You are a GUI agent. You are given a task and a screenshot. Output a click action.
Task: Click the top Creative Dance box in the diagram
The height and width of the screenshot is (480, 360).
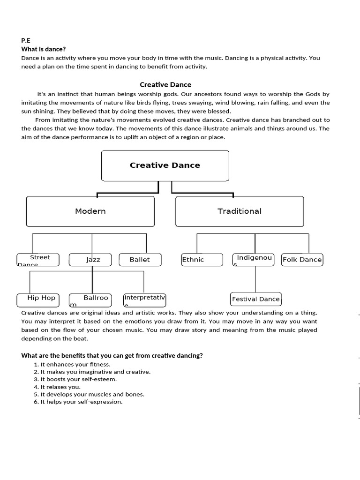click(x=165, y=165)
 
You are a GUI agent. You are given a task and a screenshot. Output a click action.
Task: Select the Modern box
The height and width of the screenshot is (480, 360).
click(x=90, y=211)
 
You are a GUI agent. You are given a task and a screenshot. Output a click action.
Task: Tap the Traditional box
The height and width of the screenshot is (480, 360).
click(x=240, y=211)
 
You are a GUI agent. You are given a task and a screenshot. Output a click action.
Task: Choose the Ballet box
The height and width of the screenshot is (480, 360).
click(x=140, y=260)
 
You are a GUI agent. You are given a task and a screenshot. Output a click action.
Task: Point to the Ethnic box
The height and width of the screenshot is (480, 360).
click(x=202, y=260)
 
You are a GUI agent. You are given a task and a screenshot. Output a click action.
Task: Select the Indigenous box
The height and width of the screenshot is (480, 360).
click(x=254, y=260)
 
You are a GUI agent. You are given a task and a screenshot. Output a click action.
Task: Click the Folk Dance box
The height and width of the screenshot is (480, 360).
click(x=302, y=260)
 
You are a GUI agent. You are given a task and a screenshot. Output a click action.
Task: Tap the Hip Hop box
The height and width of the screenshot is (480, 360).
click(x=41, y=300)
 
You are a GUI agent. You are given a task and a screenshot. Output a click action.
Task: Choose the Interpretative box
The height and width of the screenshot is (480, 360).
click(x=144, y=300)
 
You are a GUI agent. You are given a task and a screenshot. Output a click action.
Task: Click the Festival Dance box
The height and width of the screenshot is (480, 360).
click(x=256, y=299)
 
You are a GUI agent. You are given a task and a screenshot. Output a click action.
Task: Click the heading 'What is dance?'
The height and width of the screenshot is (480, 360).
click(x=44, y=49)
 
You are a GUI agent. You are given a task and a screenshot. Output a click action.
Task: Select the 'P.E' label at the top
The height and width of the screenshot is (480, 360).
click(x=26, y=41)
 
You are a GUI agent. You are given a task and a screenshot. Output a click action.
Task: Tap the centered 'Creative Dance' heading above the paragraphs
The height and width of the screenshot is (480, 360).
click(x=165, y=85)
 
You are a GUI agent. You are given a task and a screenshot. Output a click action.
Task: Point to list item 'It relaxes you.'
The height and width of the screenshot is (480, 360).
click(x=60, y=387)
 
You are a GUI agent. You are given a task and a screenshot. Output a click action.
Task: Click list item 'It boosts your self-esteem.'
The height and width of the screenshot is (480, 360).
click(x=79, y=379)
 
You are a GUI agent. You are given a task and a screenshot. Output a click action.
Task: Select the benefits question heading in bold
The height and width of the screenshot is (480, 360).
click(x=112, y=356)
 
